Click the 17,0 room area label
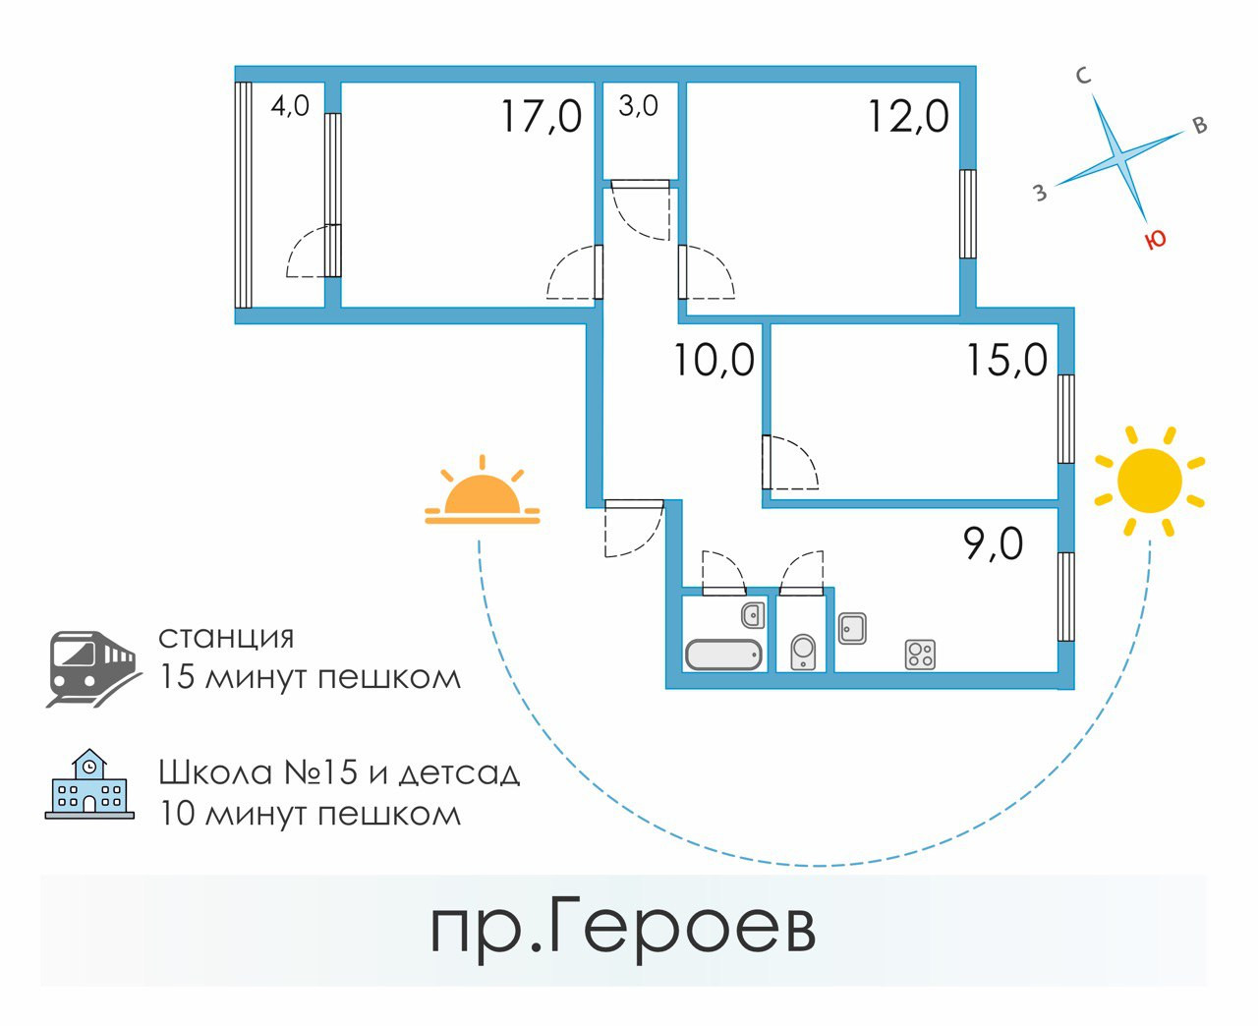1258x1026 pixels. [x=542, y=116]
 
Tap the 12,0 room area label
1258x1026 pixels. [x=908, y=116]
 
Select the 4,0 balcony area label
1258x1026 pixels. [x=290, y=105]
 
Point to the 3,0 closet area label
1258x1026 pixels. [x=639, y=105]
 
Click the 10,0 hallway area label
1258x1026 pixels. [x=714, y=361]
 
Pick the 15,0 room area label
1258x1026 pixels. [x=1006, y=360]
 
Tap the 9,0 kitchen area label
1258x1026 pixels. [x=994, y=543]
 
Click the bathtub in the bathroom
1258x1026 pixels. [x=723, y=654]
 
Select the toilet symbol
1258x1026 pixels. [x=803, y=652]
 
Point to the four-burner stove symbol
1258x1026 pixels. [x=920, y=654]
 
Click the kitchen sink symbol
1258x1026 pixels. [x=852, y=628]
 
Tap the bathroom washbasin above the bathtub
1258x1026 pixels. [x=753, y=616]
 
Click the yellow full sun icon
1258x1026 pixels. [x=1150, y=482]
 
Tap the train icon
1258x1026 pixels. [x=91, y=667]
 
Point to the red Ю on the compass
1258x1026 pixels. [x=1157, y=239]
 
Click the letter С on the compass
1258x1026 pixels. [x=1084, y=76]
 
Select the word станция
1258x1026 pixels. [x=226, y=637]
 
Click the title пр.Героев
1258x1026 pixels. [x=623, y=929]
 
